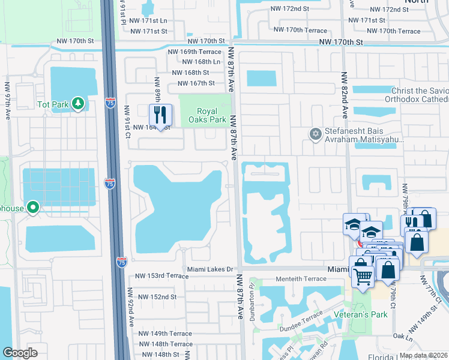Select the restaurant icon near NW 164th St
[x=160, y=115]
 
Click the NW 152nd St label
[x=157, y=297]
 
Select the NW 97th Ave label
[x=8, y=99]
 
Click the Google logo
[x=20, y=353]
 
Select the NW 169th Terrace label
[x=194, y=52]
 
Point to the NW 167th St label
[x=193, y=83]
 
